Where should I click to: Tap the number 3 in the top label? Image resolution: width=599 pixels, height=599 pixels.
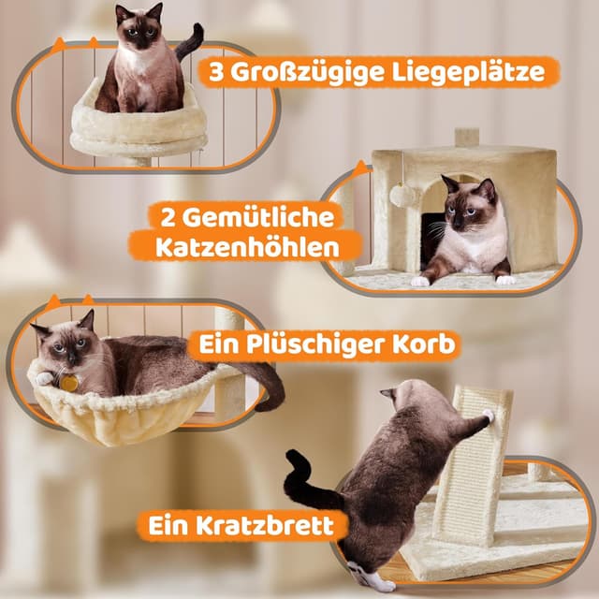(x=216, y=73)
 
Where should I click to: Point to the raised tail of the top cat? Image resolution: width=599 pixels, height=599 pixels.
(x=192, y=40)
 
